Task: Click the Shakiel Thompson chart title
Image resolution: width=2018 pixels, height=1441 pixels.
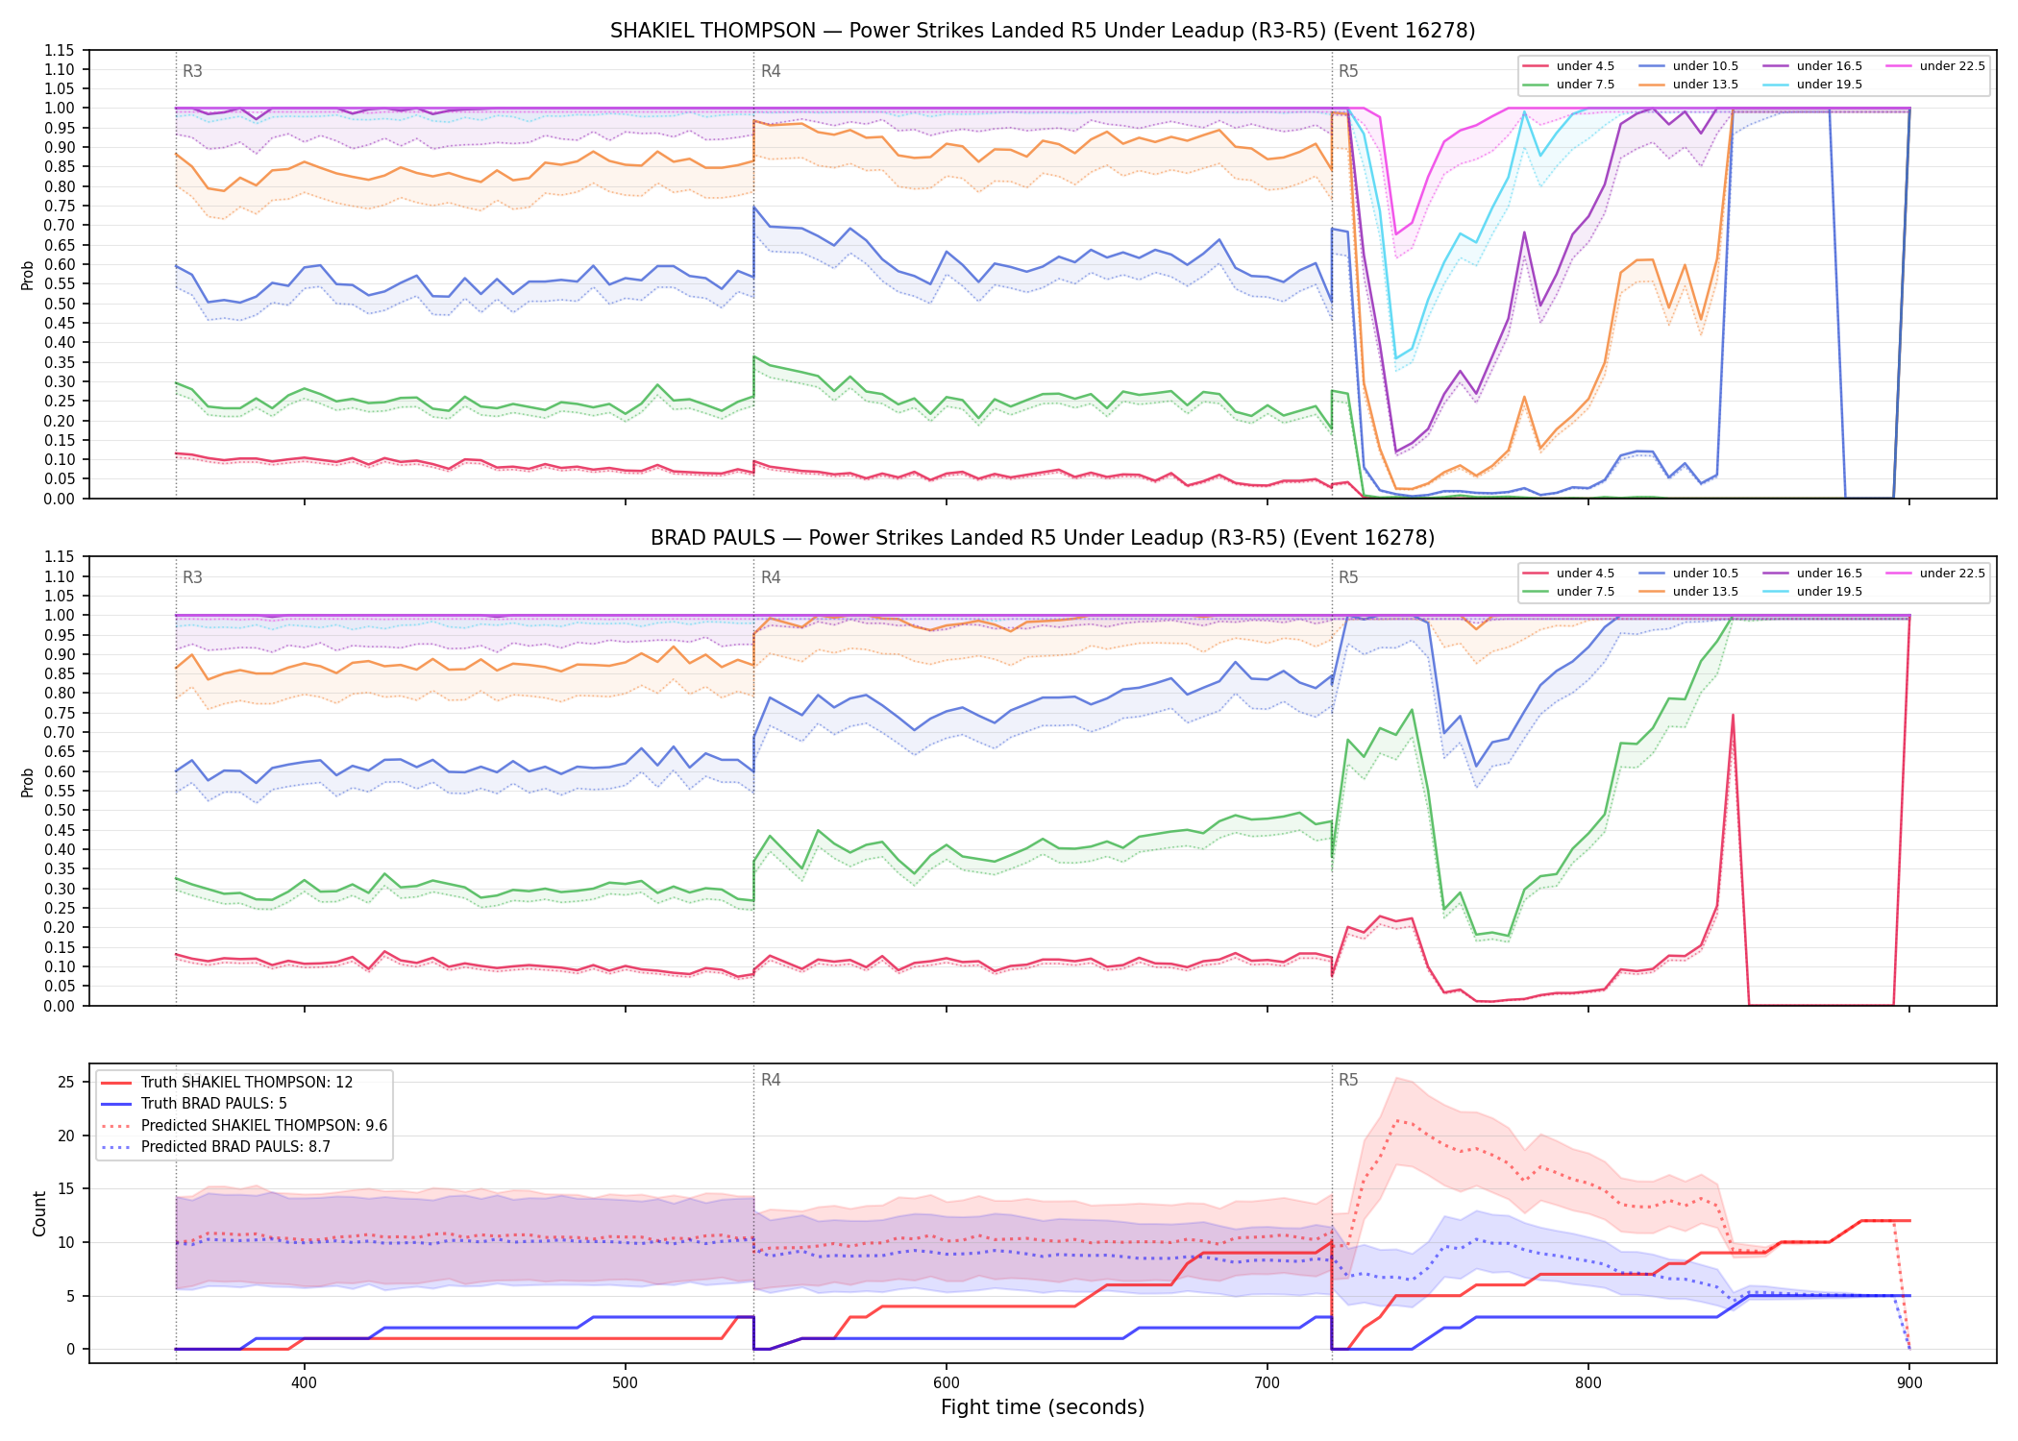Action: point(1043,31)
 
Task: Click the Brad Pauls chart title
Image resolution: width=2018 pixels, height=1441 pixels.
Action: point(1043,538)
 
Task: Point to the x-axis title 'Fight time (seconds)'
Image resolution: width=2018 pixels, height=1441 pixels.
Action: point(1043,1407)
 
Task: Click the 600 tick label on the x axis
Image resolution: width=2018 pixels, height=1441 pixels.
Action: point(947,1383)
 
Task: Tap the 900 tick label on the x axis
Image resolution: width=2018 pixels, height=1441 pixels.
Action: point(1909,1383)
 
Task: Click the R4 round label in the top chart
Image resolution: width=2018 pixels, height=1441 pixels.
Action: point(771,71)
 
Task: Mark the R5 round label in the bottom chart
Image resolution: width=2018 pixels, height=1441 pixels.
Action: point(1348,1080)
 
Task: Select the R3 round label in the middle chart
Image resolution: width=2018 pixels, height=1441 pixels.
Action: point(192,577)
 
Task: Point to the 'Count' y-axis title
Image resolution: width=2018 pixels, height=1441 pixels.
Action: point(39,1213)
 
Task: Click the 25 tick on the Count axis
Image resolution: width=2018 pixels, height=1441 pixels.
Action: point(66,1082)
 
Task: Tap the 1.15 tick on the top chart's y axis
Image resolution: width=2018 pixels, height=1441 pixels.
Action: point(59,50)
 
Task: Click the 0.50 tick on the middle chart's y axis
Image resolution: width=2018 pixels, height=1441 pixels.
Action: point(59,810)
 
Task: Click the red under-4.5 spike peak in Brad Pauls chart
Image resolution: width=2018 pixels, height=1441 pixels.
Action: point(1733,715)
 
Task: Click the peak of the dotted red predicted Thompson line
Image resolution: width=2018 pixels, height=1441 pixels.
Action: point(1396,1120)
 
